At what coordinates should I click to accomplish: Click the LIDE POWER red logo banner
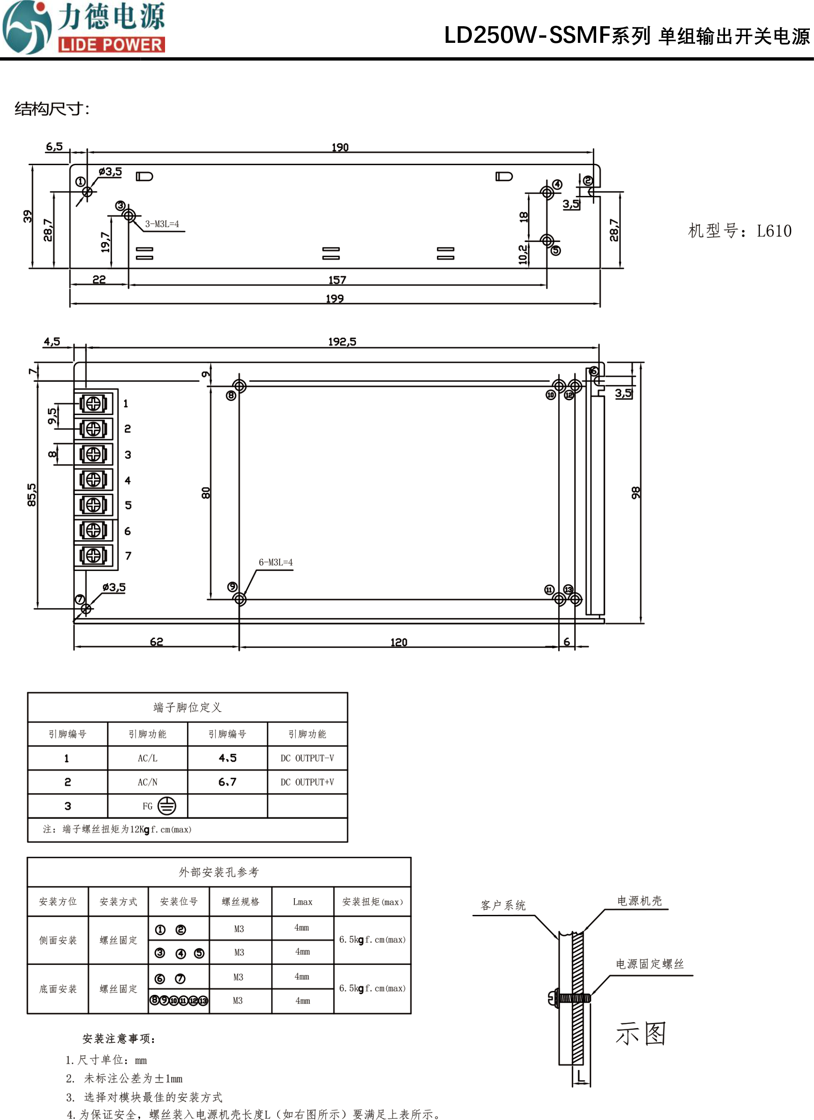click(x=111, y=45)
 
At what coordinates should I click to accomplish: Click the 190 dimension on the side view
click(x=340, y=147)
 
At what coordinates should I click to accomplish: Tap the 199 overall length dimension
click(x=335, y=298)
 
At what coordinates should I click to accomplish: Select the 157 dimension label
click(x=338, y=280)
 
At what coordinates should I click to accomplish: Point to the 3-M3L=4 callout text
click(x=162, y=224)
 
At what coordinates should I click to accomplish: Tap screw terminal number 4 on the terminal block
click(x=93, y=479)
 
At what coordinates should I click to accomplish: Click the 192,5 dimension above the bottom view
click(x=342, y=341)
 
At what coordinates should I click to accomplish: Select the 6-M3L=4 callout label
click(x=276, y=562)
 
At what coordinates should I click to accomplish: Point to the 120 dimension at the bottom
click(x=399, y=642)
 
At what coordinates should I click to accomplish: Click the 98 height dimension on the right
click(x=636, y=492)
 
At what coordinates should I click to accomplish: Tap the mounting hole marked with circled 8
click(x=240, y=386)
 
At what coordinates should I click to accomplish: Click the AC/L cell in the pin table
click(x=148, y=758)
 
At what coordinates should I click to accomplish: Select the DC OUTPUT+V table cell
click(x=307, y=782)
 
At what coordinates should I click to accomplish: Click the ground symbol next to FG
click(x=167, y=806)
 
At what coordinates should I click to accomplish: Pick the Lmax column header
click(x=303, y=902)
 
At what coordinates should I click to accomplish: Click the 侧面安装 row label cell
click(x=58, y=940)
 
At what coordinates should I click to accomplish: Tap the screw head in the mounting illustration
click(x=553, y=998)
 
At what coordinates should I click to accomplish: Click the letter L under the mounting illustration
click(x=582, y=1075)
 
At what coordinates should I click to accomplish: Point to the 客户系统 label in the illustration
click(x=503, y=905)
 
